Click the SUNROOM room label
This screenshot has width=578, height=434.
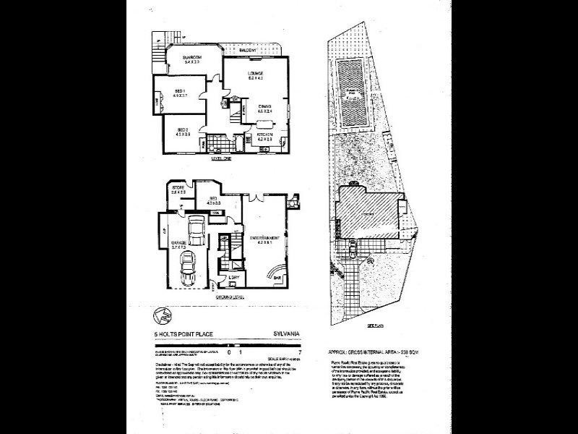point(191,57)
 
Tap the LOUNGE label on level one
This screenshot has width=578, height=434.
point(255,74)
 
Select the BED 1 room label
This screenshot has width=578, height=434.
point(181,90)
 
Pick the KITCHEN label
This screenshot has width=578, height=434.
point(264,135)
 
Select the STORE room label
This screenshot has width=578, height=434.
point(178,190)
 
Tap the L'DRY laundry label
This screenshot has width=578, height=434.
point(233,278)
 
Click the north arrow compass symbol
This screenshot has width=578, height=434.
point(161,315)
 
